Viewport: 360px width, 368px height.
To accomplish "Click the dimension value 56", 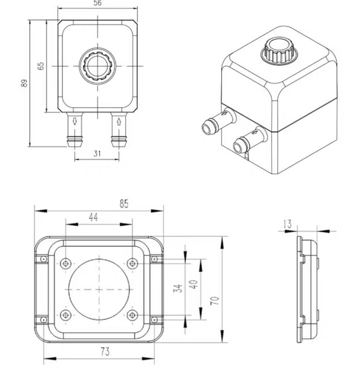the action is (x=98, y=3).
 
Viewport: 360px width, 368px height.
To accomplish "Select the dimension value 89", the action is (x=24, y=83).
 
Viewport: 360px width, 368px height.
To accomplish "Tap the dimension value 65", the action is (x=41, y=66).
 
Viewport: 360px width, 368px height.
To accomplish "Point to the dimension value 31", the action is (x=97, y=154).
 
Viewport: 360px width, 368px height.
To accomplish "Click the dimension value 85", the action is (x=124, y=204).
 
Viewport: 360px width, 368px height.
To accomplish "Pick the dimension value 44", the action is (x=93, y=217).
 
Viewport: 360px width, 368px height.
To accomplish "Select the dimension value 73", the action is (x=105, y=352).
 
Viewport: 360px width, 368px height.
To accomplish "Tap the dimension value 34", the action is (x=177, y=289).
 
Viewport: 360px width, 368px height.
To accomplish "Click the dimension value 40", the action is (x=194, y=284).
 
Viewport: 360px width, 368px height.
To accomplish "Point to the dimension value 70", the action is (x=215, y=301).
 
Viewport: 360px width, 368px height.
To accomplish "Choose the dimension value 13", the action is (x=287, y=223).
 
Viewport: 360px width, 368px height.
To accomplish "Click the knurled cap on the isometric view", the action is (x=278, y=50).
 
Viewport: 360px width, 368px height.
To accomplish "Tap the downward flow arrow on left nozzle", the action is (x=75, y=121).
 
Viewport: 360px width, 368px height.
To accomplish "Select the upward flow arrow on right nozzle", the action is (x=118, y=121).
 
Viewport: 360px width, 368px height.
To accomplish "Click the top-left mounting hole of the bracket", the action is (x=66, y=264).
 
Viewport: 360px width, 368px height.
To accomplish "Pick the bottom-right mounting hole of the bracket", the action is (x=132, y=315).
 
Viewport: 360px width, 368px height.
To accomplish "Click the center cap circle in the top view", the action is (x=98, y=66).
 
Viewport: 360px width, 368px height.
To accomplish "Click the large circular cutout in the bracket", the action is (x=99, y=290).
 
